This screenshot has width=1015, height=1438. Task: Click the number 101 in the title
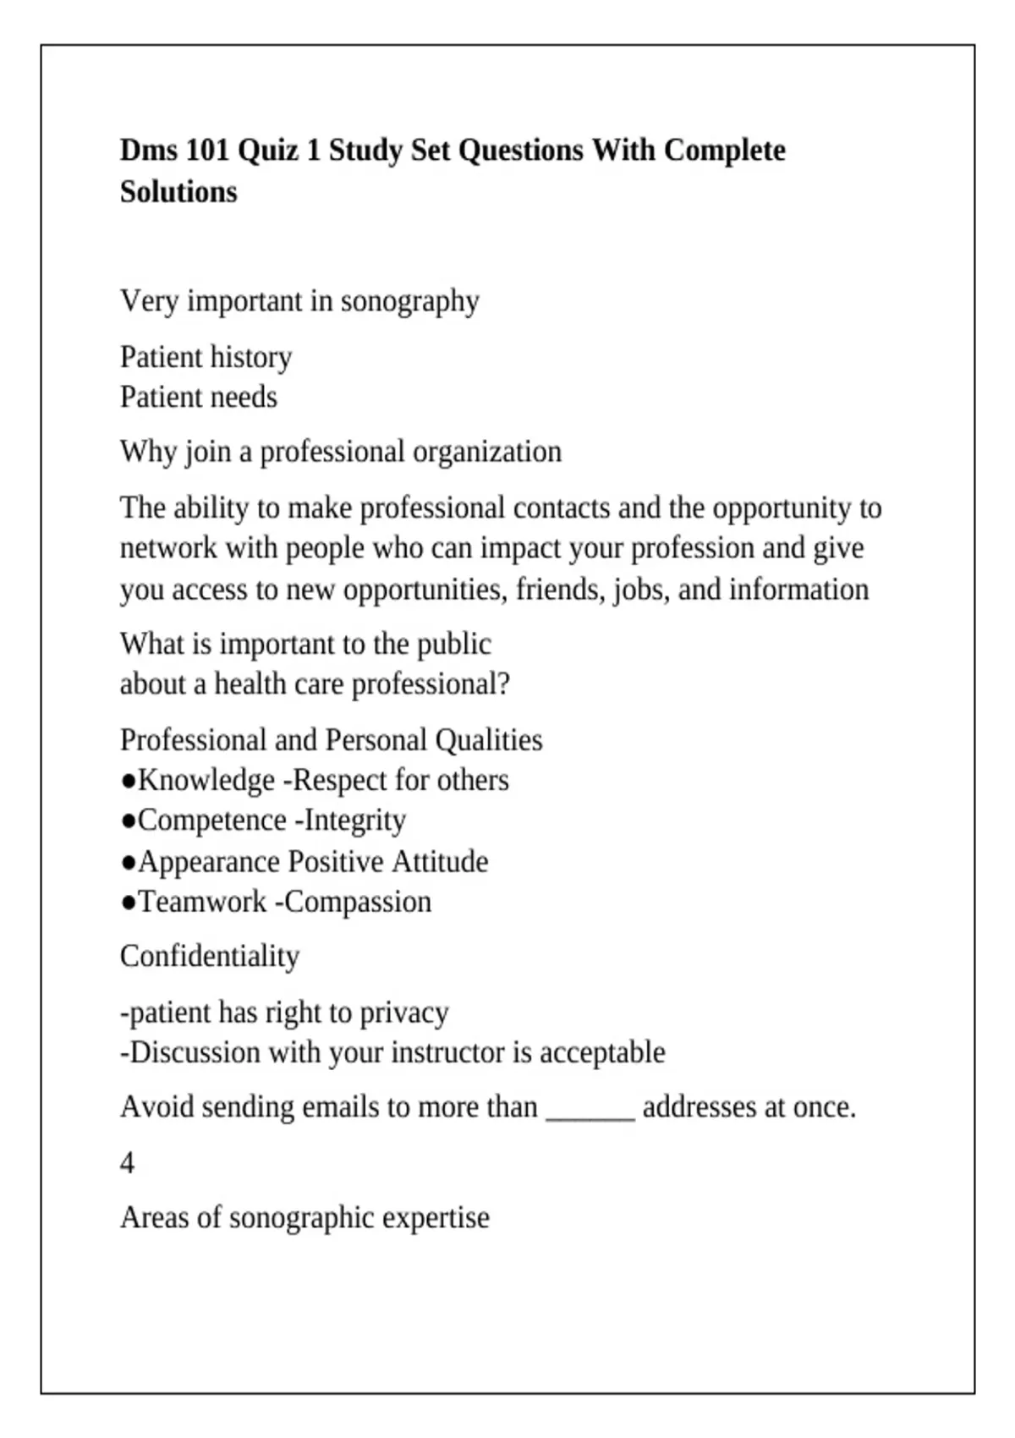point(207,151)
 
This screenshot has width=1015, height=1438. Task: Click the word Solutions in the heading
point(178,192)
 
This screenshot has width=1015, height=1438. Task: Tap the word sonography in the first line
point(409,301)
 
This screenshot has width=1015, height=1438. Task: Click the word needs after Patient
point(244,397)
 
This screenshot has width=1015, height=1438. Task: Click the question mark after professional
point(504,683)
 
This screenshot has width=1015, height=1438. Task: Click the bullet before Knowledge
point(128,781)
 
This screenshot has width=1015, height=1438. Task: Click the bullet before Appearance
point(128,862)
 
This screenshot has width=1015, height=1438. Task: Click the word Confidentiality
point(210,957)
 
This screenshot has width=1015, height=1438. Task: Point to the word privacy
point(404,1013)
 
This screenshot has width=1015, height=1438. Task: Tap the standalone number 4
point(127,1163)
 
